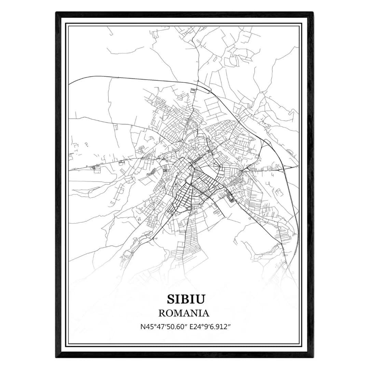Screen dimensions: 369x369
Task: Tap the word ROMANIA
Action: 184,313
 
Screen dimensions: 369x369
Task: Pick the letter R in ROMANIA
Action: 162,313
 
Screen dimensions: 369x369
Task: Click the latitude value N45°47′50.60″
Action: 161,327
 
